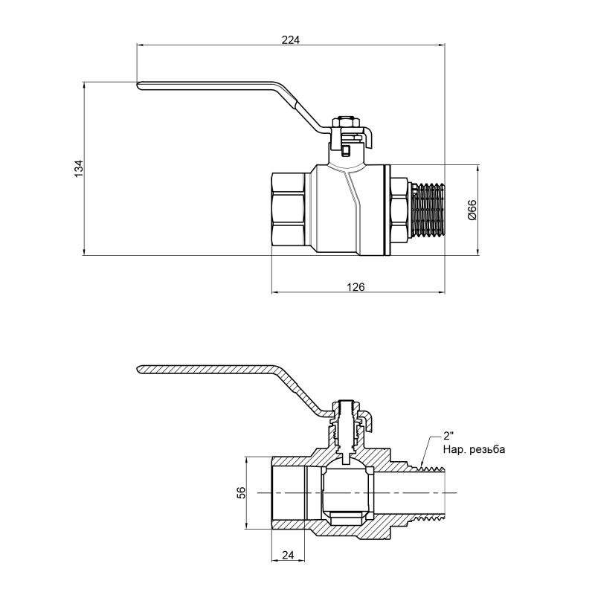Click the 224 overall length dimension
tap(291, 39)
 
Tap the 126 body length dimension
tap(356, 286)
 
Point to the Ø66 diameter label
tap(471, 211)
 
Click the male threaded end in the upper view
tap(428, 210)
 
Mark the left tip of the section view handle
tap(140, 370)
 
